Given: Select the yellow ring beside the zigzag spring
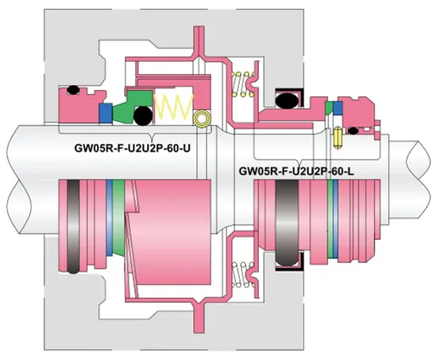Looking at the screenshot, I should (203, 119).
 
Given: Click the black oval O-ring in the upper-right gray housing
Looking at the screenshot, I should (284, 99).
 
